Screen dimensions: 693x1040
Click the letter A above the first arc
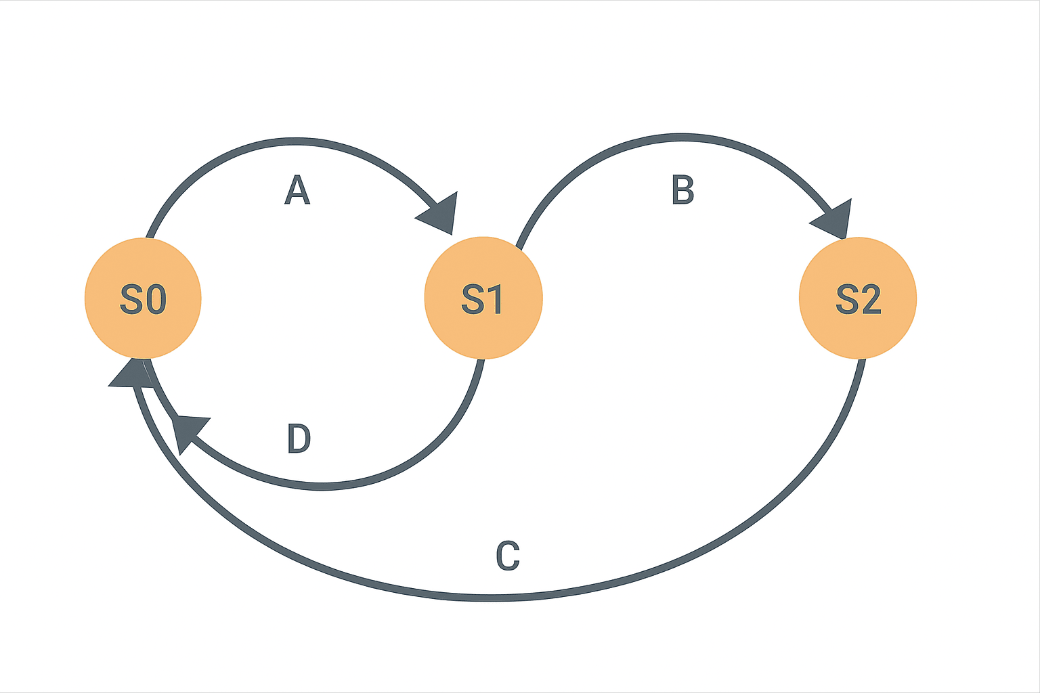297,190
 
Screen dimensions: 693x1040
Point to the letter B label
682,190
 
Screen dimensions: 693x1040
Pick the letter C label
508,556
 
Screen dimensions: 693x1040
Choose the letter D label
299,439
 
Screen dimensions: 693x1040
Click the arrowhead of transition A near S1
441,213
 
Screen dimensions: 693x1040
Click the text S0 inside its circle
143,299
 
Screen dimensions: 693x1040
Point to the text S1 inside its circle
483,299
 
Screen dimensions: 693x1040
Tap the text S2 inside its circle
858,299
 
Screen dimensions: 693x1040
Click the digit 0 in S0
156,299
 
